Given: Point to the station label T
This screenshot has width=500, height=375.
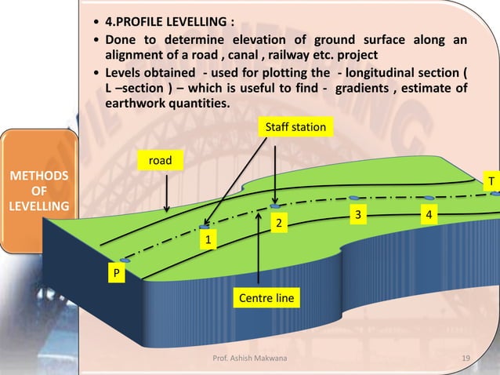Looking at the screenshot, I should tap(491, 182).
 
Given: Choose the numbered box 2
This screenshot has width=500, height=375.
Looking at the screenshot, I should tap(276, 224).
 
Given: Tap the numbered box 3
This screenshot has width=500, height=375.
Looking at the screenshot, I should tap(358, 214).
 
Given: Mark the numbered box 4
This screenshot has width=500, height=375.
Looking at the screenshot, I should tap(428, 214).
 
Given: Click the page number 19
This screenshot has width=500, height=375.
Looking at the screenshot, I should tap(466, 359).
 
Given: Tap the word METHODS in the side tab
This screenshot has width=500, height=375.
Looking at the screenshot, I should tap(39, 175).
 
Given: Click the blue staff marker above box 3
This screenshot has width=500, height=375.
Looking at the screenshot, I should tap(354, 198).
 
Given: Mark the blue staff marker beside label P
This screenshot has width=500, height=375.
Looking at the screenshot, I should tap(125, 260).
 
